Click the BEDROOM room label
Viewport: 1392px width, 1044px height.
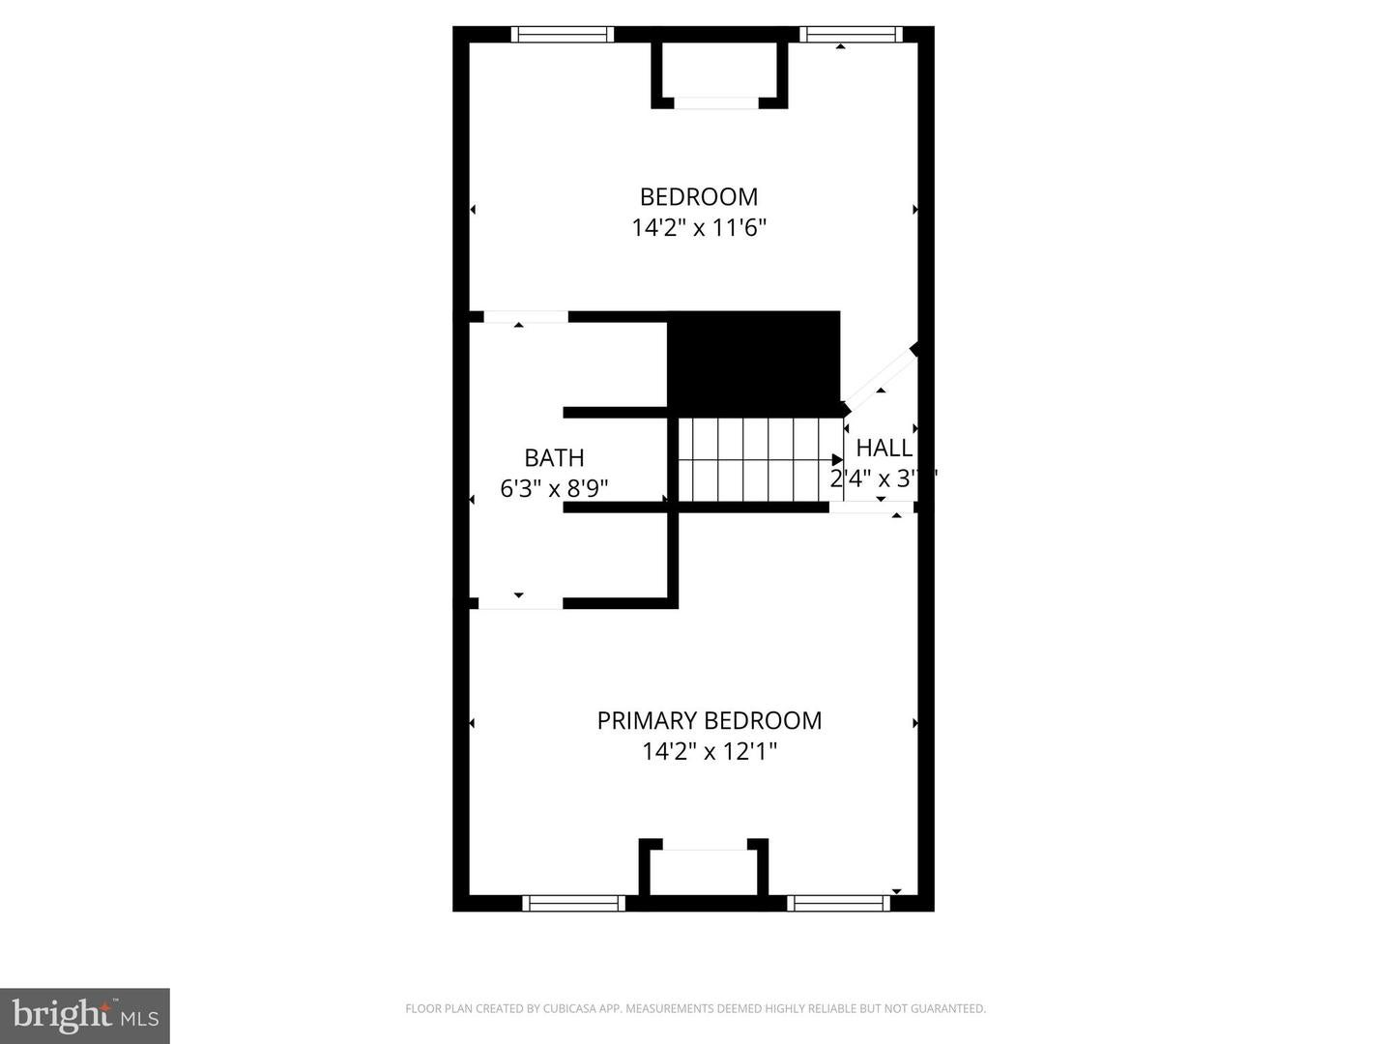click(698, 196)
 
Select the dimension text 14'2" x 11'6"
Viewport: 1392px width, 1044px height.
click(698, 228)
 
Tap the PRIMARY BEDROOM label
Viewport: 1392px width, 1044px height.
click(709, 720)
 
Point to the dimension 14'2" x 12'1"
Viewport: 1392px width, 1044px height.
click(709, 751)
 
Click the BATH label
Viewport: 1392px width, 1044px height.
click(554, 457)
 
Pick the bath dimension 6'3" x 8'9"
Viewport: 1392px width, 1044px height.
click(554, 488)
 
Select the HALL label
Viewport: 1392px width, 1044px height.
click(884, 448)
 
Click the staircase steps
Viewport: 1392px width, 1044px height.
click(754, 459)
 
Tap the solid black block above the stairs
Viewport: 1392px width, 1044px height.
click(754, 360)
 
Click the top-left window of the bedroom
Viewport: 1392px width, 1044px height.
click(563, 34)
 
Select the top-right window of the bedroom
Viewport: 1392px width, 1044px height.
click(851, 34)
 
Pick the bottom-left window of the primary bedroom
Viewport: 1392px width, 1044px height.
click(573, 903)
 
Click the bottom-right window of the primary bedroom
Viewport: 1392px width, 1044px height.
click(838, 903)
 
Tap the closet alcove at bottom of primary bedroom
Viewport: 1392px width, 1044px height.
click(704, 872)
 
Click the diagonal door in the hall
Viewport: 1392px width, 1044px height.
click(880, 377)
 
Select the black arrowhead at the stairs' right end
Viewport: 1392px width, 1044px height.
click(837, 460)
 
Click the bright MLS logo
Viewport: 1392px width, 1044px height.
click(84, 1015)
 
